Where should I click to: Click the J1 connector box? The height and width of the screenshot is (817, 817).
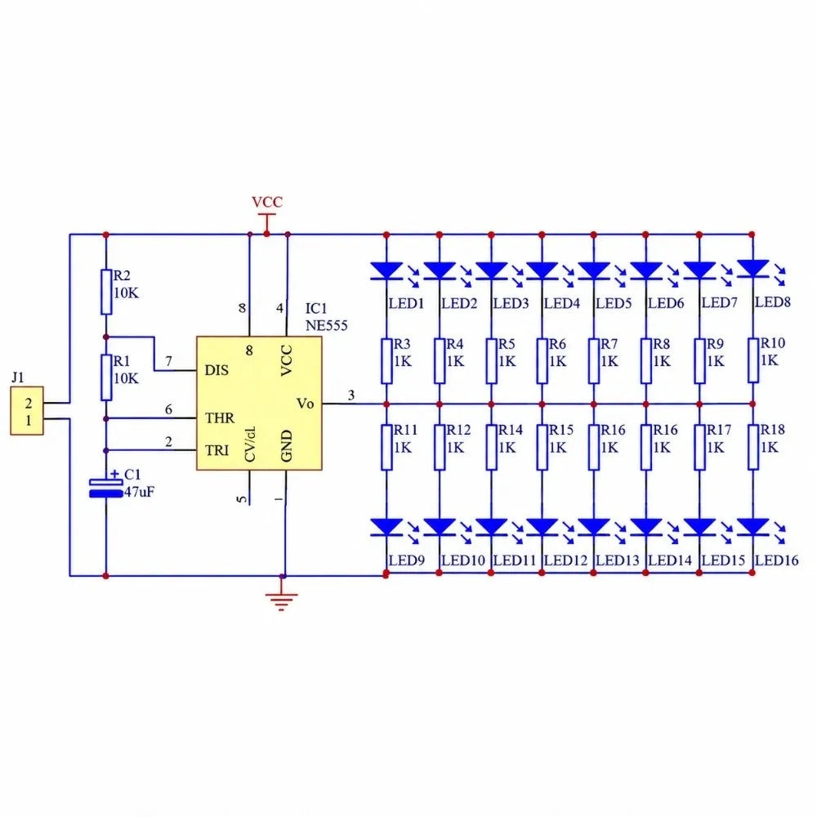(27, 411)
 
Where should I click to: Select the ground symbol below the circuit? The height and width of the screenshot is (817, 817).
(281, 601)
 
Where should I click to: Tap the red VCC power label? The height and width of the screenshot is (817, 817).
(267, 202)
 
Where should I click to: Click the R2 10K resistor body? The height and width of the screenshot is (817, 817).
(106, 292)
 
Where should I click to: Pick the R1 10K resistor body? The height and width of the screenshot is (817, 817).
(106, 377)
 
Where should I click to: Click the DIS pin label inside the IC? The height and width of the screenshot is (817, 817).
(217, 370)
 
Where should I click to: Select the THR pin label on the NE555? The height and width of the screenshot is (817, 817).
(219, 417)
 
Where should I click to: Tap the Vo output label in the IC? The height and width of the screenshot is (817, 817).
(306, 404)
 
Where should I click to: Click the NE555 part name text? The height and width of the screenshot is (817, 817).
(326, 326)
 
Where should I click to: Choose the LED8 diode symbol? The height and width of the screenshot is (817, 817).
(752, 269)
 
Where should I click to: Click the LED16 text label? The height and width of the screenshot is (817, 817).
(776, 560)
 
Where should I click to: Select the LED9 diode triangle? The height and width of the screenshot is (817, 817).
(386, 527)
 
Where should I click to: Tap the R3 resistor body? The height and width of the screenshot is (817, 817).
(386, 361)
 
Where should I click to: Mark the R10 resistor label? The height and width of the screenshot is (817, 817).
(773, 343)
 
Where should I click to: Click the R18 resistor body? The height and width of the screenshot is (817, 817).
(753, 447)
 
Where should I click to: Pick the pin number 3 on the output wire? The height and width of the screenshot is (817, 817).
(351, 395)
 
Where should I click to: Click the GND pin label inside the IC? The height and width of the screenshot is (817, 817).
(287, 446)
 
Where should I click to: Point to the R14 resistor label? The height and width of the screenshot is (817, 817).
(511, 430)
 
